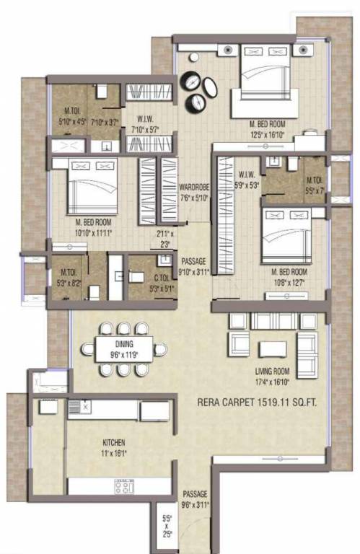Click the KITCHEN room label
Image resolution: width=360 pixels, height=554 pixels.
114,442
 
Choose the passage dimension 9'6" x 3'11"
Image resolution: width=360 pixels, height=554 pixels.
196,504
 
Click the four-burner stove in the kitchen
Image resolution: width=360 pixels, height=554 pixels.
124,486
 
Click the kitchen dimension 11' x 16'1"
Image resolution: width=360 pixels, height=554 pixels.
114,453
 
